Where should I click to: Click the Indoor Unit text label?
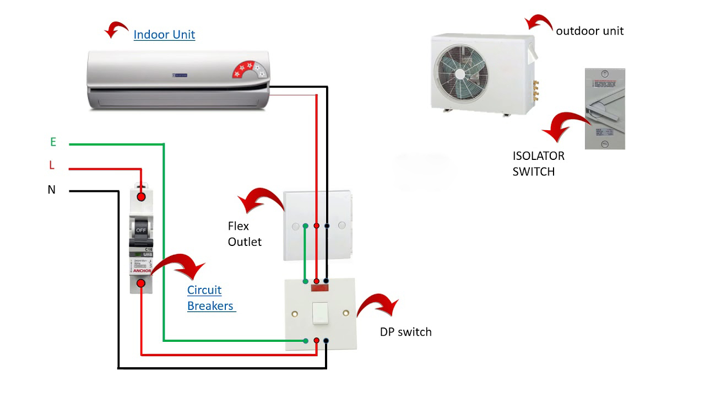click(164, 35)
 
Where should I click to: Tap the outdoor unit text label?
click(589, 31)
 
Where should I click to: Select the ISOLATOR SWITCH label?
click(538, 164)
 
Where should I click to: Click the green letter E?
click(53, 142)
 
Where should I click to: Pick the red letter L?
click(52, 165)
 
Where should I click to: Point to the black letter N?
click(52, 190)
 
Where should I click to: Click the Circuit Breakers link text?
click(211, 298)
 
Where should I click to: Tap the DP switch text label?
click(405, 332)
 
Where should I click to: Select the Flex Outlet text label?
click(244, 234)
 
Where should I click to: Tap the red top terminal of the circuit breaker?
click(141, 196)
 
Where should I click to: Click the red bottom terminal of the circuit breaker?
click(141, 283)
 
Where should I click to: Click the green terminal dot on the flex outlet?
click(305, 226)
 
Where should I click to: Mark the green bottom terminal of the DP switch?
click(306, 341)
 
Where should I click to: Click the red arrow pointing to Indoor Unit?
click(116, 30)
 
